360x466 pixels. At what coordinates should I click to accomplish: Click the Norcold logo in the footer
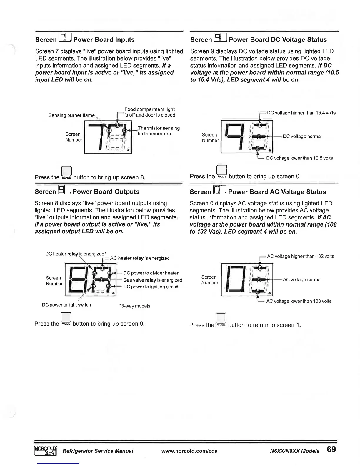point(46,450)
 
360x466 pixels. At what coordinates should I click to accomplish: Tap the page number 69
point(331,450)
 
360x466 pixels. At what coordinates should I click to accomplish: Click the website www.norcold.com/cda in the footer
point(189,451)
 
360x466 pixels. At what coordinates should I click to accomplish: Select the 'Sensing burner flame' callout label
point(71,115)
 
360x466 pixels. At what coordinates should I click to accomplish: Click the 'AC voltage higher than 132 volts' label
point(300,256)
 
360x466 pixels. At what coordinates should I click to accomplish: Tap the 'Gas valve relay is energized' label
point(153,280)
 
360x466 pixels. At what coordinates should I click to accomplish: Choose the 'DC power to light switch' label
point(66,305)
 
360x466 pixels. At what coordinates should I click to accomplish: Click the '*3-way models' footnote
point(135,306)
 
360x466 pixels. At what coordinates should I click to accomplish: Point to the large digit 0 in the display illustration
point(235,279)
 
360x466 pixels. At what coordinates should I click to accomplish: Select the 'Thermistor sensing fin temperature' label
point(159,131)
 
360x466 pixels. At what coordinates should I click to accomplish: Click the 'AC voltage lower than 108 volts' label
point(299,301)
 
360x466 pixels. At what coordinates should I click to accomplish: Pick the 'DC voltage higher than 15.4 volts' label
point(301,113)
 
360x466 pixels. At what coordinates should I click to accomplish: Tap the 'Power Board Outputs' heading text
point(106,192)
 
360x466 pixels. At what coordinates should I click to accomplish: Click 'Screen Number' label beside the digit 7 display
point(74,137)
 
